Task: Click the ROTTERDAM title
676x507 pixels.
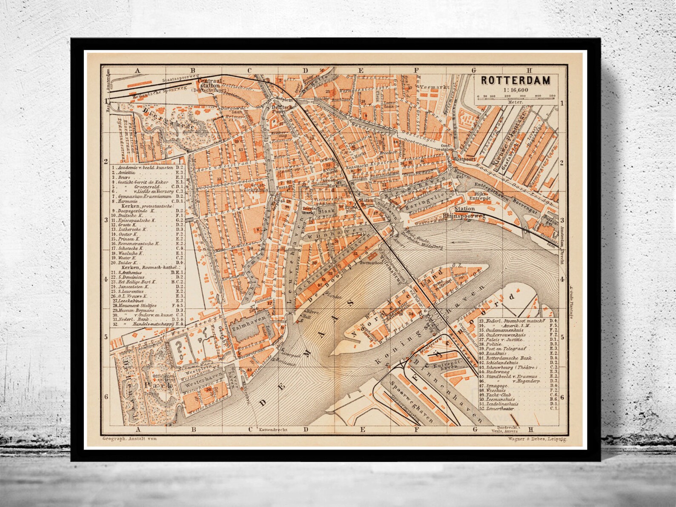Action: coord(516,80)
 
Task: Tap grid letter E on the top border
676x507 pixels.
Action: coord(361,71)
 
